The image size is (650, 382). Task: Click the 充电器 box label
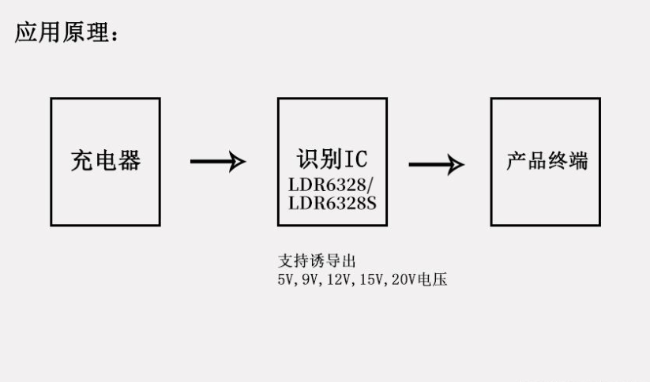(x=105, y=161)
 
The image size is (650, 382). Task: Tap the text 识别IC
(x=332, y=159)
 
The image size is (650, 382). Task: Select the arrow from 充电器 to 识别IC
(x=218, y=162)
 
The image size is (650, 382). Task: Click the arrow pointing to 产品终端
(x=436, y=164)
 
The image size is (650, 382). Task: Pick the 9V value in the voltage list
(x=309, y=279)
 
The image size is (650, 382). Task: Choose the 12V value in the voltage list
(x=337, y=279)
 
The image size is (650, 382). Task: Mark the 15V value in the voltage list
(x=372, y=279)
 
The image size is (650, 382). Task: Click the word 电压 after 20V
(x=435, y=279)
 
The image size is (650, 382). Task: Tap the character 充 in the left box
(x=81, y=161)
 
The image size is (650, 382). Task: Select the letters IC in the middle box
(x=356, y=159)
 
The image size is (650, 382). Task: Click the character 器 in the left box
(x=129, y=161)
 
